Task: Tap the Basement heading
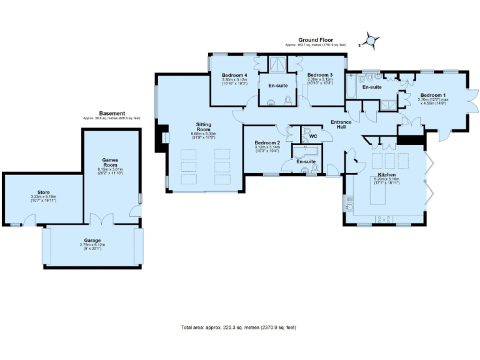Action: click(112, 113)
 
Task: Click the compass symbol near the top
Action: click(370, 41)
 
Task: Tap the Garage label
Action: click(92, 240)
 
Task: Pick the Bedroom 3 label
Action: click(319, 75)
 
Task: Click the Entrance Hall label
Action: click(342, 124)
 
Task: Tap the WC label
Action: click(313, 136)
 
